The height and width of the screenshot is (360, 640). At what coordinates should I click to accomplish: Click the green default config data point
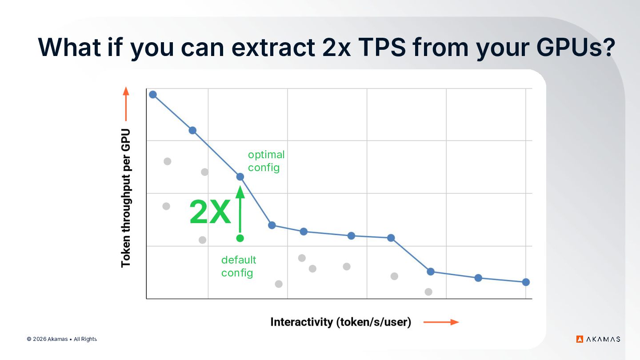coord(240,238)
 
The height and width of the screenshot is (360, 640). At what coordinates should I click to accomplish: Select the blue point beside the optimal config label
coord(240,177)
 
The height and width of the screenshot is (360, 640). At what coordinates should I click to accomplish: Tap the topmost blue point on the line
coord(153,95)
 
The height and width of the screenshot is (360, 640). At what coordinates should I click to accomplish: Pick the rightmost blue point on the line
coord(526,282)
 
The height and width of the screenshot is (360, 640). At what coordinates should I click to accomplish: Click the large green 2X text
coord(210,212)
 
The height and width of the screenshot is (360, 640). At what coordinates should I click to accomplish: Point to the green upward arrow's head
coord(240,192)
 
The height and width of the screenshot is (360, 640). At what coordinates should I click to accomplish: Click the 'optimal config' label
coord(266,161)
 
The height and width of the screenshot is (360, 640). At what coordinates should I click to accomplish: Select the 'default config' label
coord(239,266)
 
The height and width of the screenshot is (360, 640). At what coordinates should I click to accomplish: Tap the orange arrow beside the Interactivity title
coord(441,322)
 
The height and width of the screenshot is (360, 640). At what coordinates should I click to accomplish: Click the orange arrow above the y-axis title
coord(126,104)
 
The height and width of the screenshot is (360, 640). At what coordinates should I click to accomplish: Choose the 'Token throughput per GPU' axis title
coord(126,198)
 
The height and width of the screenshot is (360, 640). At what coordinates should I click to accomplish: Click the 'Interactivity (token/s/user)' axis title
coord(341,322)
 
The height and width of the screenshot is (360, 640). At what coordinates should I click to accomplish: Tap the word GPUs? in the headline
coord(576,47)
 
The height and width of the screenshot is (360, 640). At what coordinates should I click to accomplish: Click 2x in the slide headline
coord(336,47)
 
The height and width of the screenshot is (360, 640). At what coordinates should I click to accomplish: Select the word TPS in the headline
coord(382,47)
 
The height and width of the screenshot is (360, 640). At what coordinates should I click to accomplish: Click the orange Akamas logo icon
coord(580,339)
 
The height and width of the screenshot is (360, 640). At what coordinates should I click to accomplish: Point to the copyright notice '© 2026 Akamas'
coord(47,339)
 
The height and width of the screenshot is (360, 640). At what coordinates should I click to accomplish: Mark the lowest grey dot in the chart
coord(428,292)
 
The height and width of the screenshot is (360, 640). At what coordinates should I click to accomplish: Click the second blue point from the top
coord(192,131)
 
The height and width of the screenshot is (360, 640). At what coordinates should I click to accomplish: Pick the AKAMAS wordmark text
coord(603,339)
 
